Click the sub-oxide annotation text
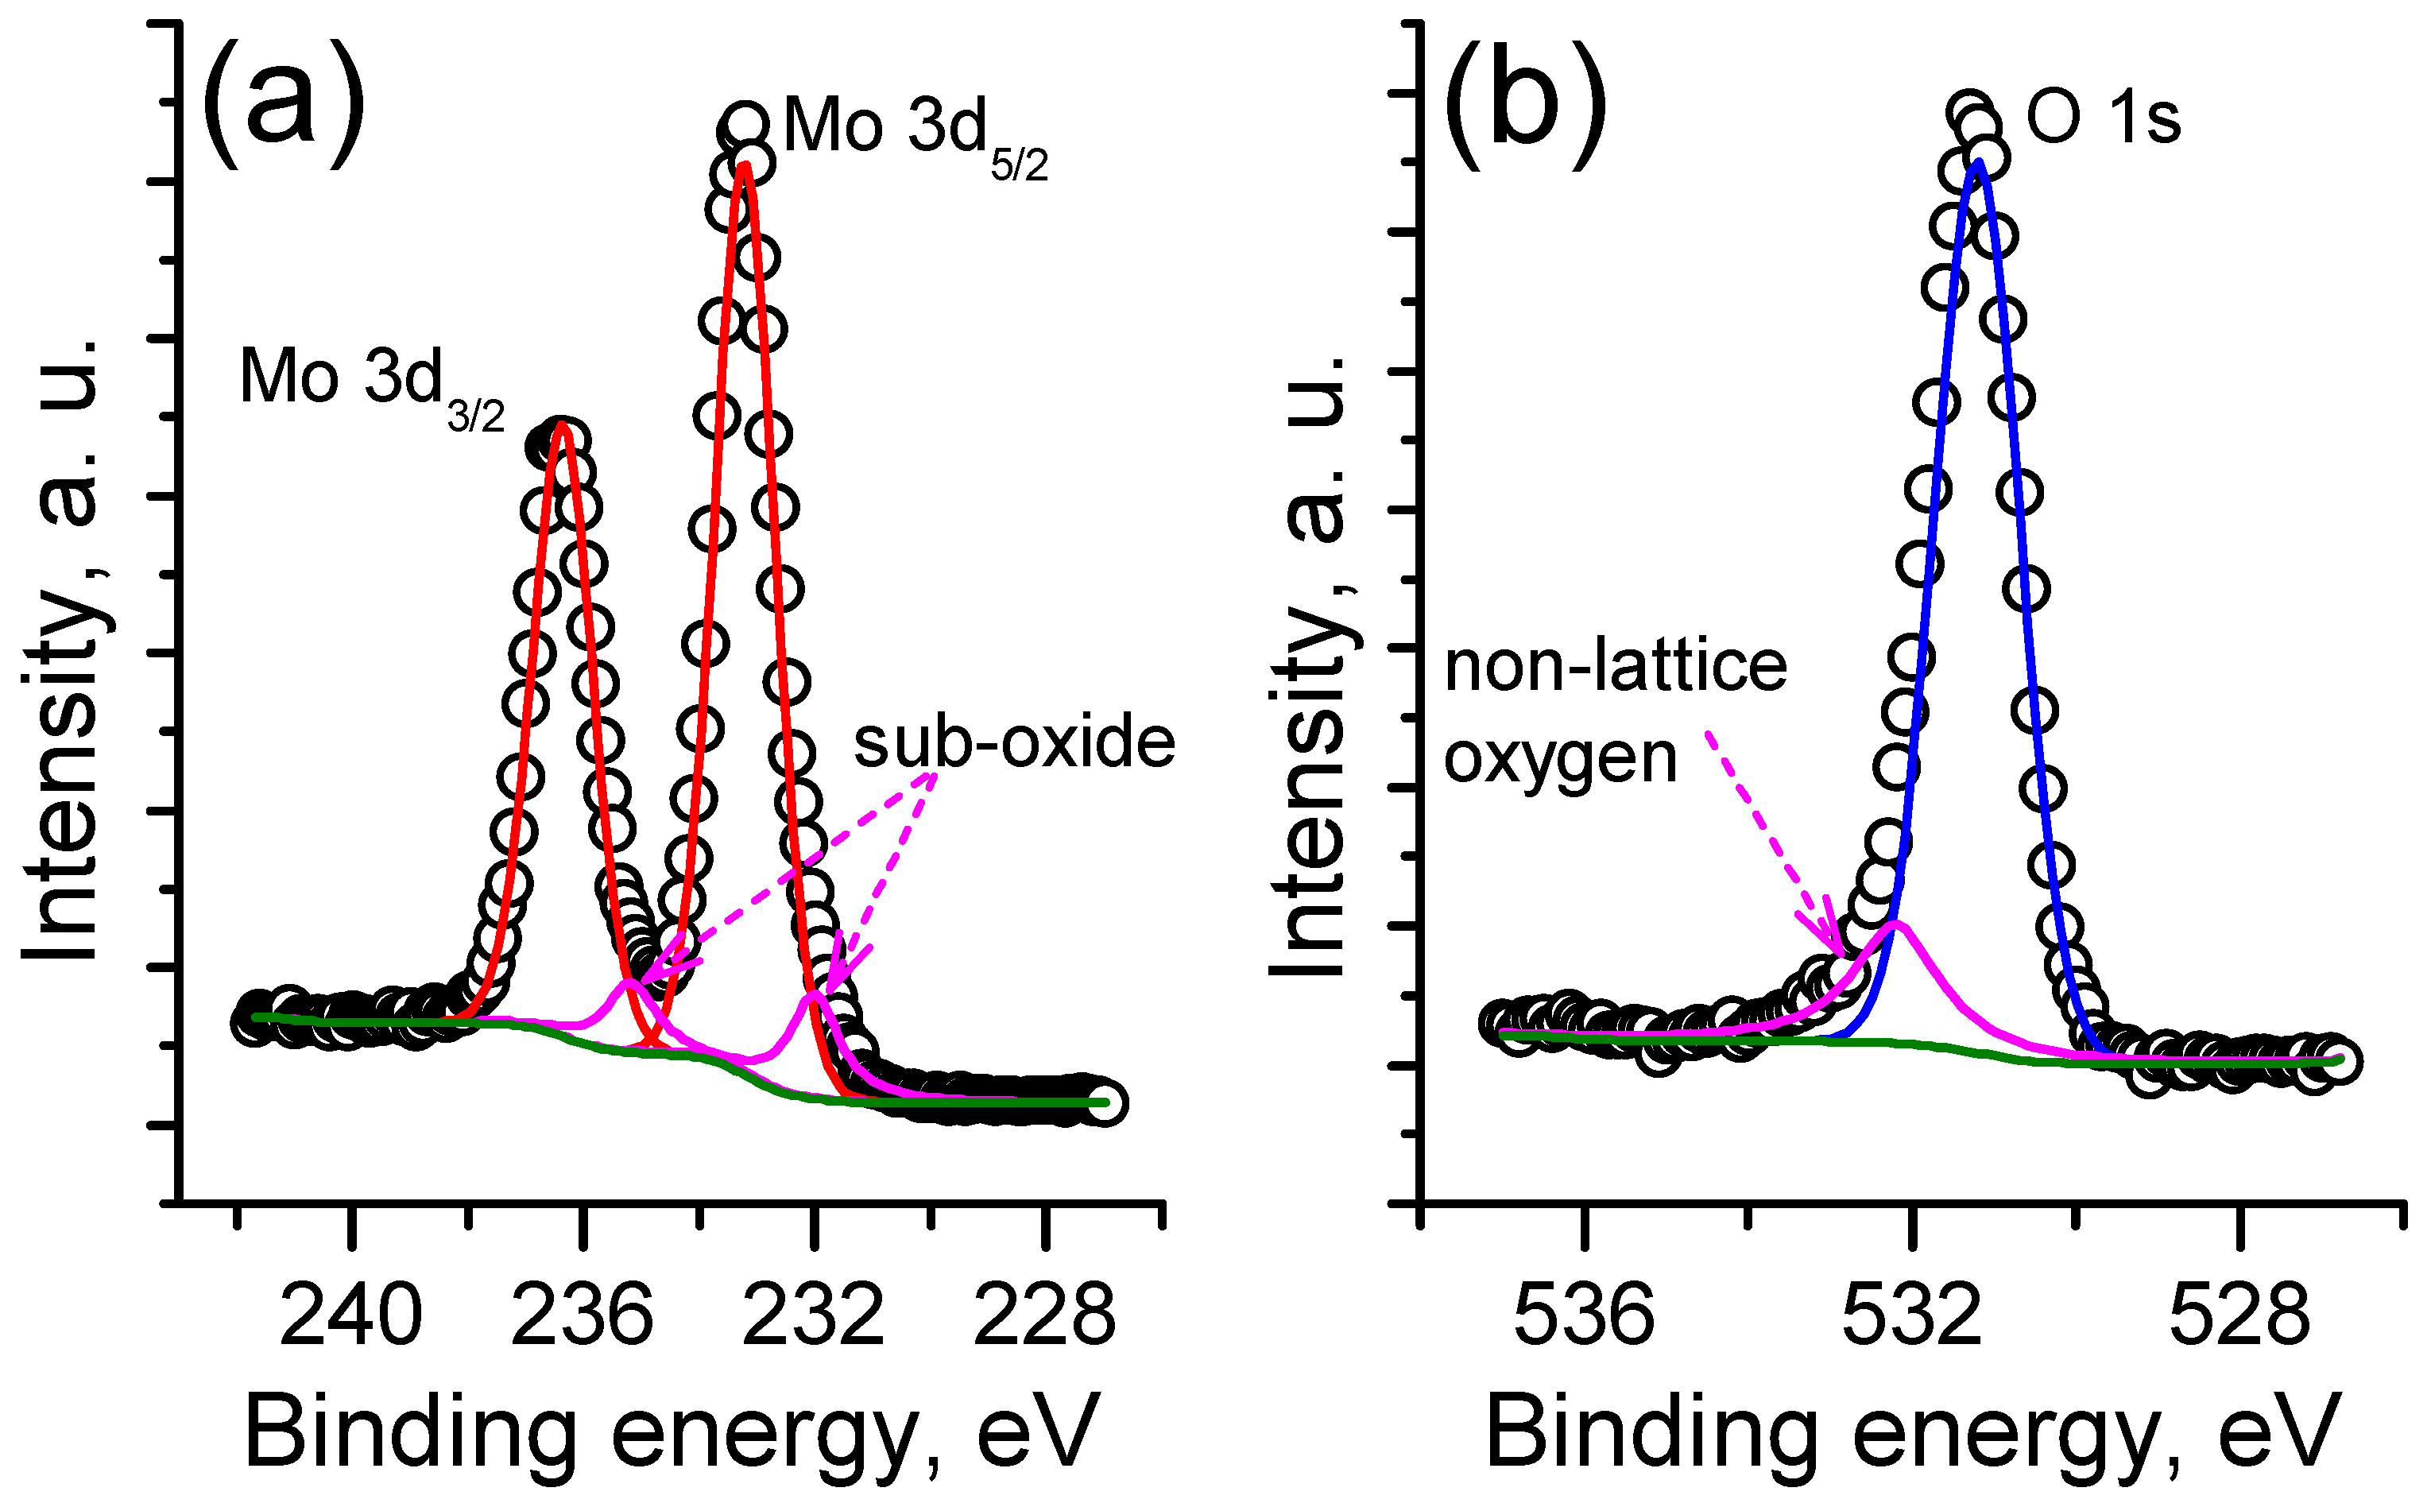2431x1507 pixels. (x=1013, y=742)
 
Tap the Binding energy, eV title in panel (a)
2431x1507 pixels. (x=672, y=1433)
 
